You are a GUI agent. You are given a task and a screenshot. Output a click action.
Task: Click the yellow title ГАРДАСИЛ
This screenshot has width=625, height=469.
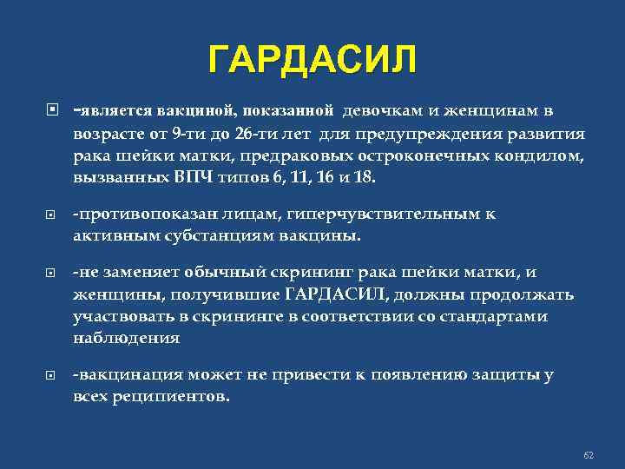pyautogui.click(x=312, y=61)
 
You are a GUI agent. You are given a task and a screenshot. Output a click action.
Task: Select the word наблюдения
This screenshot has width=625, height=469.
pyautogui.click(x=126, y=338)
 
